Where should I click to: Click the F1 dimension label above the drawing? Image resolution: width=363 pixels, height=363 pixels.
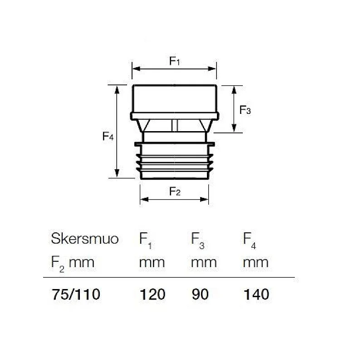coord(175,61)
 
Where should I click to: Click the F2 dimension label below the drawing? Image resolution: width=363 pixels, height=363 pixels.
coord(175,191)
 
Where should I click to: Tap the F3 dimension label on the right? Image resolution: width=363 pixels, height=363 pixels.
coord(245,110)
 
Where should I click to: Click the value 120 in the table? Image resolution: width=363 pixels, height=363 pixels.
coord(152,294)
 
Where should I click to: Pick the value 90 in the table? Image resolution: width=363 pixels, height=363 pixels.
coord(200,294)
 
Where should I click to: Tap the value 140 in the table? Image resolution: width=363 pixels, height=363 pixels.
coord(256,294)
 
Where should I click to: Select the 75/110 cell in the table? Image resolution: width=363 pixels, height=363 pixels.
coord(75,294)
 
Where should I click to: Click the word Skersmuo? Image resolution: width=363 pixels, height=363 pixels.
coord(84,239)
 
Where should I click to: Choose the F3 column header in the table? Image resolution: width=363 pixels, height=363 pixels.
coord(197,240)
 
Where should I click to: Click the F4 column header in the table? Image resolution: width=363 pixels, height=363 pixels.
coord(250,240)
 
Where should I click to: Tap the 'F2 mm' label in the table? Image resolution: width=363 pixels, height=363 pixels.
coord(73,263)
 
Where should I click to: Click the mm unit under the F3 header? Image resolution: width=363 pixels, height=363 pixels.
coord(203,262)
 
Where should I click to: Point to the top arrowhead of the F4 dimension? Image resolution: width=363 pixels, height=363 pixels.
coord(118,88)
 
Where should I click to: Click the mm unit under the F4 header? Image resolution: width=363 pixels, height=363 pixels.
coord(255,262)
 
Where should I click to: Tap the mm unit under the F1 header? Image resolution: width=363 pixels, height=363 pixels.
coord(152,262)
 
